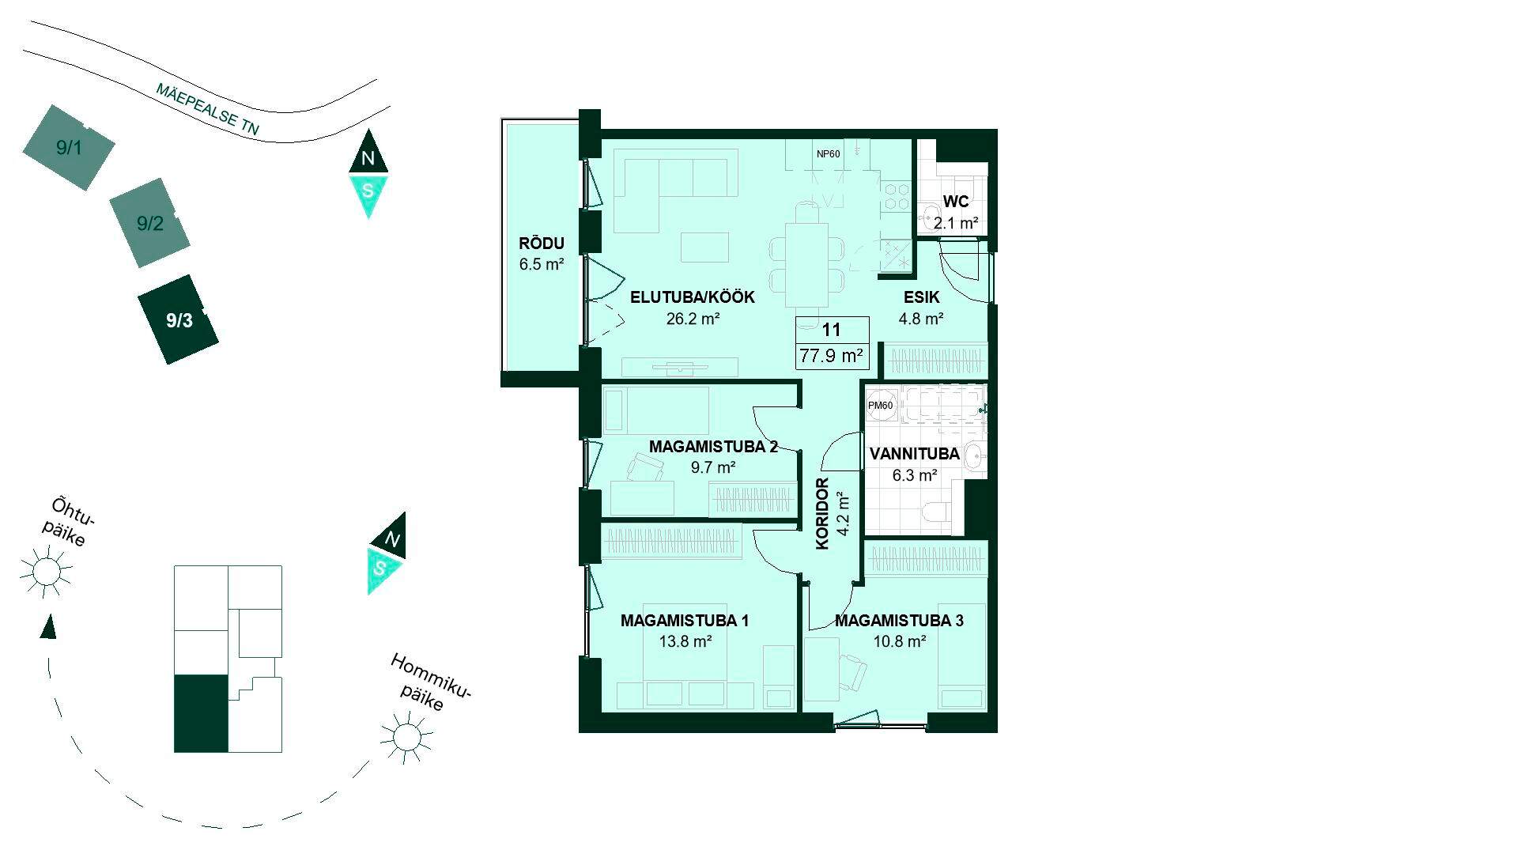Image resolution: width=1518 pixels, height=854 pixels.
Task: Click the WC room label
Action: [955, 202]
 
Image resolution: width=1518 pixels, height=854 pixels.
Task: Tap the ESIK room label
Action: [922, 297]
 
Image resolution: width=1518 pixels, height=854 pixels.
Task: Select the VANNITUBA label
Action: [915, 454]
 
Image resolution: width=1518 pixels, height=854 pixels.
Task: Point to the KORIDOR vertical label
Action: [822, 514]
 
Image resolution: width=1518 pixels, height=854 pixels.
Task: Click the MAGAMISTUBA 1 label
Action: [685, 621]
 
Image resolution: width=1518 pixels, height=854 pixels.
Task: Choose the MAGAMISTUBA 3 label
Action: [899, 621]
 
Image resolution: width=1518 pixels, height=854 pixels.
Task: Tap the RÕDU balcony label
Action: [542, 244]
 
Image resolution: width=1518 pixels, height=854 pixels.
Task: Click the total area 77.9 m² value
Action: [831, 356]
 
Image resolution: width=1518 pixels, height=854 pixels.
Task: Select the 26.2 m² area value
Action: [693, 319]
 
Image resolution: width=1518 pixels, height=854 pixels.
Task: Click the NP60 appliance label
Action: [829, 154]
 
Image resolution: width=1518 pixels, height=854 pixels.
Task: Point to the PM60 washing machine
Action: [881, 406]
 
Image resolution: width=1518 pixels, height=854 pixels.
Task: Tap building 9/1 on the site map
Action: [69, 147]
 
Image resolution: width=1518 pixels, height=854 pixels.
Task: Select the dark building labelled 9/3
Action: [179, 319]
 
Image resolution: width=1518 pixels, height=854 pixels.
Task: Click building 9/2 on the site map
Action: [150, 223]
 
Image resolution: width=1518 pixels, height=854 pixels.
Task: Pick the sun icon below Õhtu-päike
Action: [46, 570]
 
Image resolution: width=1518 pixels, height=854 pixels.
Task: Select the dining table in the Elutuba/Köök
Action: [806, 264]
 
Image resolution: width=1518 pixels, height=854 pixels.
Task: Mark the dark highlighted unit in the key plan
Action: [201, 713]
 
